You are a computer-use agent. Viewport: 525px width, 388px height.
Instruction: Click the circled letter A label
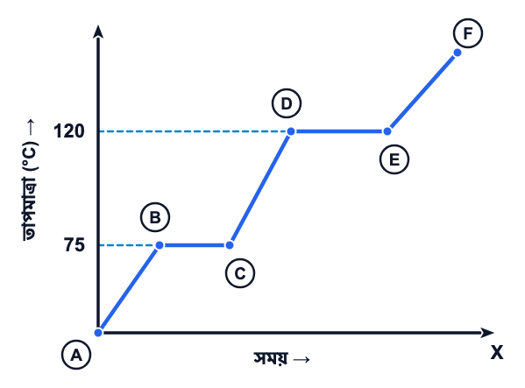pos(76,355)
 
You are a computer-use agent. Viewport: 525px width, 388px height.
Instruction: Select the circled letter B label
pos(155,217)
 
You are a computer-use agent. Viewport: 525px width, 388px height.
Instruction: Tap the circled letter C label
pos(240,273)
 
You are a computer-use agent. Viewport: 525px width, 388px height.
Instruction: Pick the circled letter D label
pos(287,103)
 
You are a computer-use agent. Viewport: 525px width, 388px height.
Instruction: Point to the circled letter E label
pos(394,159)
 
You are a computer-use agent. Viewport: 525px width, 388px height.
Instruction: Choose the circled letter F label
pos(468,33)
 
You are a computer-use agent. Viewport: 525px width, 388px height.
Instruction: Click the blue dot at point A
pos(98,333)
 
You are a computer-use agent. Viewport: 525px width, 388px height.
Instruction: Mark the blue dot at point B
pos(160,245)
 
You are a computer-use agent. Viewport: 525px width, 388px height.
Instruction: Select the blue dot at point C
pos(230,245)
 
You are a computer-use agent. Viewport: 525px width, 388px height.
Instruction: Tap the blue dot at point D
pos(291,131)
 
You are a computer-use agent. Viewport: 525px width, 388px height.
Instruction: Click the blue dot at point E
pos(387,131)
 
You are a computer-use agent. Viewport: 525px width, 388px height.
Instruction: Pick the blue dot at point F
pos(458,53)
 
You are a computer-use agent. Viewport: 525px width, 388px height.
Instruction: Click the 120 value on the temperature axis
pos(69,131)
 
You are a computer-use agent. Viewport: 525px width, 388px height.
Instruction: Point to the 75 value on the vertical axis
pos(74,245)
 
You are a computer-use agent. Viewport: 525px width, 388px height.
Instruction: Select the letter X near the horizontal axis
pos(497,352)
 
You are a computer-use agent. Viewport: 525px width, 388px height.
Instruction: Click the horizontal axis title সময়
pos(271,358)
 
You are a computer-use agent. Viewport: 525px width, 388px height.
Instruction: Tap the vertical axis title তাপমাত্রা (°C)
pos(30,191)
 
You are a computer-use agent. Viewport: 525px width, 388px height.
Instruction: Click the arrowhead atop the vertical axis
pos(98,32)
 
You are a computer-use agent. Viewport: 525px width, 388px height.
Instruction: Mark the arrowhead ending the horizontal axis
pos(487,333)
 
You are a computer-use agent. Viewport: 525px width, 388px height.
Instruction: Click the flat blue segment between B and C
pos(195,245)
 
